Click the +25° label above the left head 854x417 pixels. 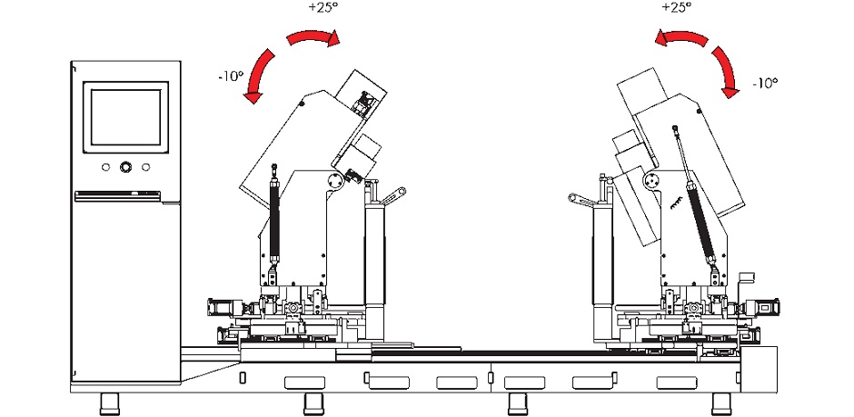click(x=320, y=8)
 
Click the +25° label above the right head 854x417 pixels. click(x=676, y=8)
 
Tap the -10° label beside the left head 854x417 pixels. click(x=230, y=76)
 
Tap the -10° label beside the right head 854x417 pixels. click(x=765, y=84)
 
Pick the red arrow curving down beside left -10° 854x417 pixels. click(x=259, y=74)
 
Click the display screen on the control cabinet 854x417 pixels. click(x=125, y=117)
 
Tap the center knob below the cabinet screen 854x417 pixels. click(x=125, y=166)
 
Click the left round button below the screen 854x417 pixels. click(x=105, y=167)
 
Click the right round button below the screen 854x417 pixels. click(x=146, y=167)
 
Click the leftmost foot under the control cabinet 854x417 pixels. click(x=111, y=403)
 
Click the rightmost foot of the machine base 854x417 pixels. click(x=721, y=403)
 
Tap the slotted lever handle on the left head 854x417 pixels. click(x=393, y=196)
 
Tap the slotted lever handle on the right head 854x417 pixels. click(x=581, y=200)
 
